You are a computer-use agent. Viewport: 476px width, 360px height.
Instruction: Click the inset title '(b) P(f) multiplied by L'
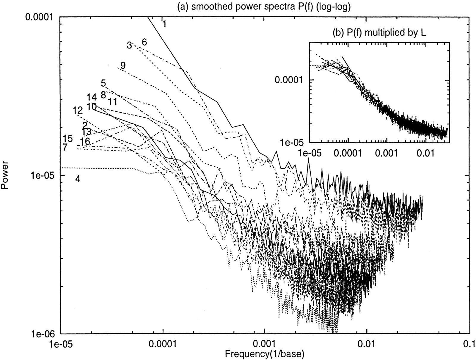point(379,32)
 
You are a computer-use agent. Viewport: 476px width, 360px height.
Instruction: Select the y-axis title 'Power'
point(4,175)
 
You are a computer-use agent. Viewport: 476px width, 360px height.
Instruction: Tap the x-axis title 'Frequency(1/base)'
point(264,354)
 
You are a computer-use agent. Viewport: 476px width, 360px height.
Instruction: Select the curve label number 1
point(164,24)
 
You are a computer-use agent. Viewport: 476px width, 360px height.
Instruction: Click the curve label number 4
point(78,179)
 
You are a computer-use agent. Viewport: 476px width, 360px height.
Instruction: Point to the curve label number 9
point(123,65)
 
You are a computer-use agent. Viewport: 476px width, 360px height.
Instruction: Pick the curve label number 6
point(144,42)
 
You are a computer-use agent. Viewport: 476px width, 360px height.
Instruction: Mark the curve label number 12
point(78,111)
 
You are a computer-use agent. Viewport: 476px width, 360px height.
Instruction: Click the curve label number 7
point(65,148)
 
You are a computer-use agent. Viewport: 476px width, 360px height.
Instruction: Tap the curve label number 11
point(112,101)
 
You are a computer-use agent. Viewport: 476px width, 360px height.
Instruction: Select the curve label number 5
point(103,83)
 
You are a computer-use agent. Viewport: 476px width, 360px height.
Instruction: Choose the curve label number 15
point(68,138)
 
